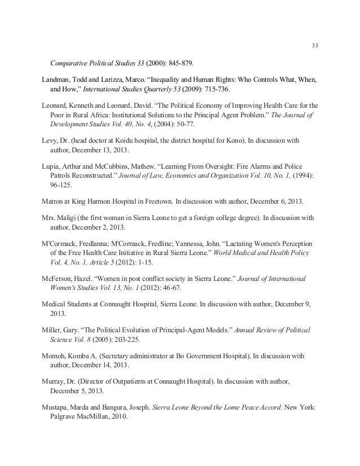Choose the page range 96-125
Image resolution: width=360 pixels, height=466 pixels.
pos(62,187)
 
